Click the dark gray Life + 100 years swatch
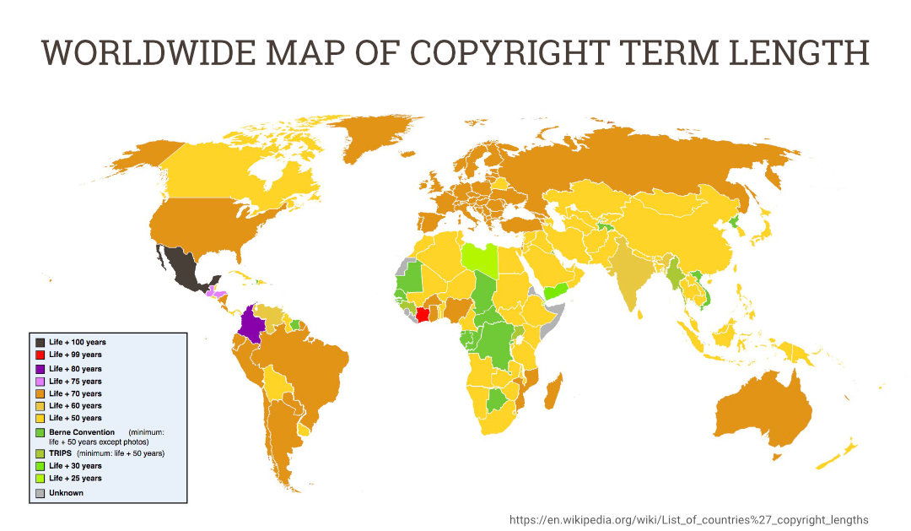(x=40, y=342)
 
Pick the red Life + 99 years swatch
(x=40, y=355)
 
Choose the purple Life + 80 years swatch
(x=40, y=369)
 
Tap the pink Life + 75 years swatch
(x=40, y=382)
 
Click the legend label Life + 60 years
(x=75, y=406)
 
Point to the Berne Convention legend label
(x=81, y=432)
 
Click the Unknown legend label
(x=66, y=492)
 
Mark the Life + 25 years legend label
(x=75, y=478)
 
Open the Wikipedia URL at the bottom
(x=688, y=519)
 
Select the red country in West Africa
(x=423, y=314)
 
